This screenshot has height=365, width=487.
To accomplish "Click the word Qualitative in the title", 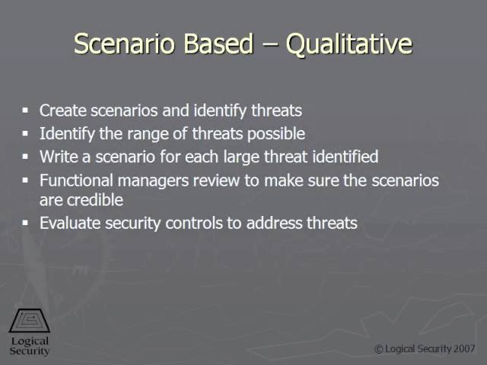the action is click(x=349, y=44).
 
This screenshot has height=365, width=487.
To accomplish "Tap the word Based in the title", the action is click(x=218, y=43).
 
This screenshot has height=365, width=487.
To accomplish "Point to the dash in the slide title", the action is click(x=269, y=46).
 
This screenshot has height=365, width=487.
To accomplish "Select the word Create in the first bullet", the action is click(x=62, y=110).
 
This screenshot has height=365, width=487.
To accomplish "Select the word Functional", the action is click(x=76, y=180).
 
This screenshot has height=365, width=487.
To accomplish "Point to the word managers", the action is click(x=153, y=181).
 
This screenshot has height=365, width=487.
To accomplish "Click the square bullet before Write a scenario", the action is click(x=25, y=157).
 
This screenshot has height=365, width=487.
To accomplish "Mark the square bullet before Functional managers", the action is click(x=25, y=180).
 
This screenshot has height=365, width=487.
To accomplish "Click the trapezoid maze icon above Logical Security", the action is click(x=30, y=321).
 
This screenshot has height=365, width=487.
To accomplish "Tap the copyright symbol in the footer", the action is click(x=379, y=350).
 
